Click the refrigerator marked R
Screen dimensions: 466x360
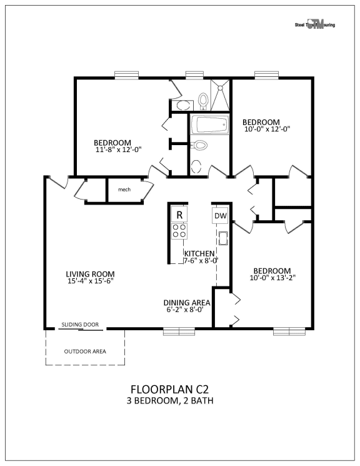tap(179, 215)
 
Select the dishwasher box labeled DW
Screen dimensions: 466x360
tap(220, 216)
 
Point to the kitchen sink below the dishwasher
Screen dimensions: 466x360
tap(222, 238)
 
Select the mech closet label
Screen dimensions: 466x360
tap(124, 189)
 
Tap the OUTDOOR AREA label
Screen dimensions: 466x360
tap(85, 351)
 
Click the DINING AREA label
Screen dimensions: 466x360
tap(186, 301)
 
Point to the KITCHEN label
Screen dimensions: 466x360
tap(199, 253)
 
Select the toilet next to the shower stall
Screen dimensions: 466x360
tap(202, 99)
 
